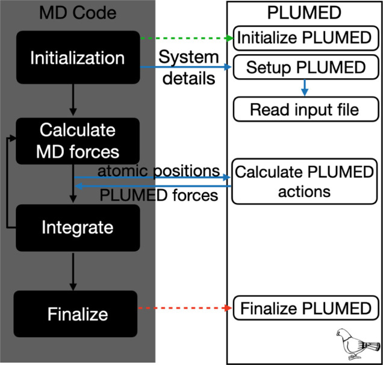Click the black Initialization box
tap(78, 57)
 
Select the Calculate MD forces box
tap(78, 141)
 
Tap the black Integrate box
tap(78, 228)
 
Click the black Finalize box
tap(75, 314)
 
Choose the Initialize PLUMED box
tap(306, 38)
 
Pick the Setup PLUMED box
tap(306, 67)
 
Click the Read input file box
tap(306, 109)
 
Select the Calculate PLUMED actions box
tap(304, 181)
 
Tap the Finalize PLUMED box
tap(306, 308)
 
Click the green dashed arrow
tap(187, 38)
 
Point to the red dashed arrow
tap(185, 308)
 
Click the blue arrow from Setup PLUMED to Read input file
tap(304, 88)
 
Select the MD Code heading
tap(78, 13)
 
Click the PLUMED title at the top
tap(304, 13)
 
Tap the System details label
tap(188, 67)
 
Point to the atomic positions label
tap(159, 171)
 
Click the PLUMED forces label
tap(159, 195)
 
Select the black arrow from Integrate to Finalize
tap(73, 272)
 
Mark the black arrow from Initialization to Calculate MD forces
tap(73, 100)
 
